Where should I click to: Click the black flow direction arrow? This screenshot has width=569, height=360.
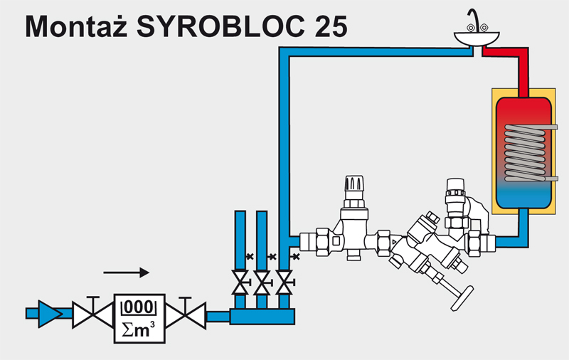[x=126, y=272]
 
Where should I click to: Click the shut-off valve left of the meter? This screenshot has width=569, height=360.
[x=90, y=312]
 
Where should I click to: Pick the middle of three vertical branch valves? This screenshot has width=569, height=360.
[x=263, y=282]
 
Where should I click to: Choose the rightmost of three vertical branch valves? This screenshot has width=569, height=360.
[x=284, y=282]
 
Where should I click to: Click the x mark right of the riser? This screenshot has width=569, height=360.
[x=295, y=257]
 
